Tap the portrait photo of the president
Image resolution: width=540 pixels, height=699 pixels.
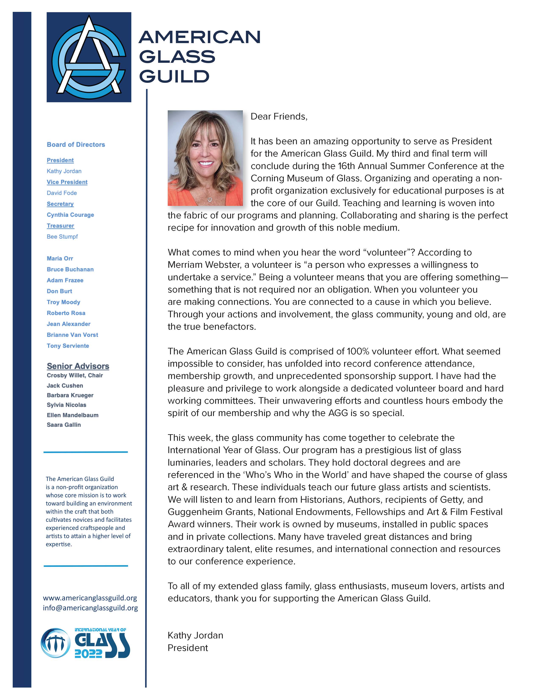tap(205, 158)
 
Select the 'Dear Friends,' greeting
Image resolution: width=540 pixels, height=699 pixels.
tap(279, 116)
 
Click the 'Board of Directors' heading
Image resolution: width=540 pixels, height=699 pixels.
tap(76, 145)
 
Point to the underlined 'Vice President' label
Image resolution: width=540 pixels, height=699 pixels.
tap(67, 182)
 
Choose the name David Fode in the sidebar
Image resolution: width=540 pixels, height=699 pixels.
tap(62, 193)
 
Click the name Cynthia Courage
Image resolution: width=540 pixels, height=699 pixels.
tap(70, 215)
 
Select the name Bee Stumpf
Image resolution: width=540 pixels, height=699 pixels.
tap(62, 237)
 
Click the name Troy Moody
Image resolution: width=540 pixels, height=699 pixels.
tap(63, 302)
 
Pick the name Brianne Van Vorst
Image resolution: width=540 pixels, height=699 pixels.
tap(72, 335)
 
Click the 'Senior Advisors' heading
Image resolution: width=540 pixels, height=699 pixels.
tap(78, 366)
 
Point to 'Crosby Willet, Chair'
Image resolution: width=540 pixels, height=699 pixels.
tap(75, 375)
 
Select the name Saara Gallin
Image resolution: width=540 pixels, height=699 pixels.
tap(64, 425)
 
